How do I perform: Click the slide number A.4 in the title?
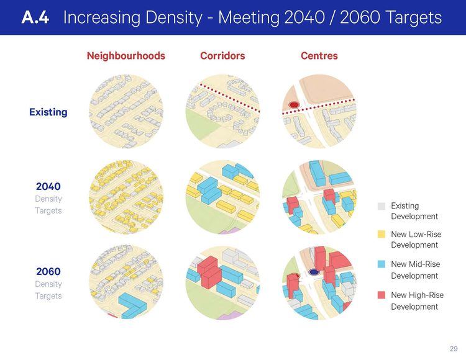point(36,17)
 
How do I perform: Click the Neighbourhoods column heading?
point(126,56)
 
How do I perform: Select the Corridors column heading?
point(222,56)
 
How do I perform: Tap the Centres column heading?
point(319,56)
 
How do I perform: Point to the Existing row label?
point(48,112)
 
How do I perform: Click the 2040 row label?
point(48,186)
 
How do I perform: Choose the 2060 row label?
point(48,271)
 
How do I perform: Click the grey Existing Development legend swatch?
point(381,206)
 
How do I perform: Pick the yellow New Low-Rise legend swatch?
point(381,235)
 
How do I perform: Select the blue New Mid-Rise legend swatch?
point(381,264)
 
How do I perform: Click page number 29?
point(454,348)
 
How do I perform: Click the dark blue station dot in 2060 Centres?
point(314,272)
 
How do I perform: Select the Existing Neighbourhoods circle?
point(126,112)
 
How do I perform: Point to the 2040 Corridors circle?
point(222,197)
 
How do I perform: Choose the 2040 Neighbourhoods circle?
point(126,197)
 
